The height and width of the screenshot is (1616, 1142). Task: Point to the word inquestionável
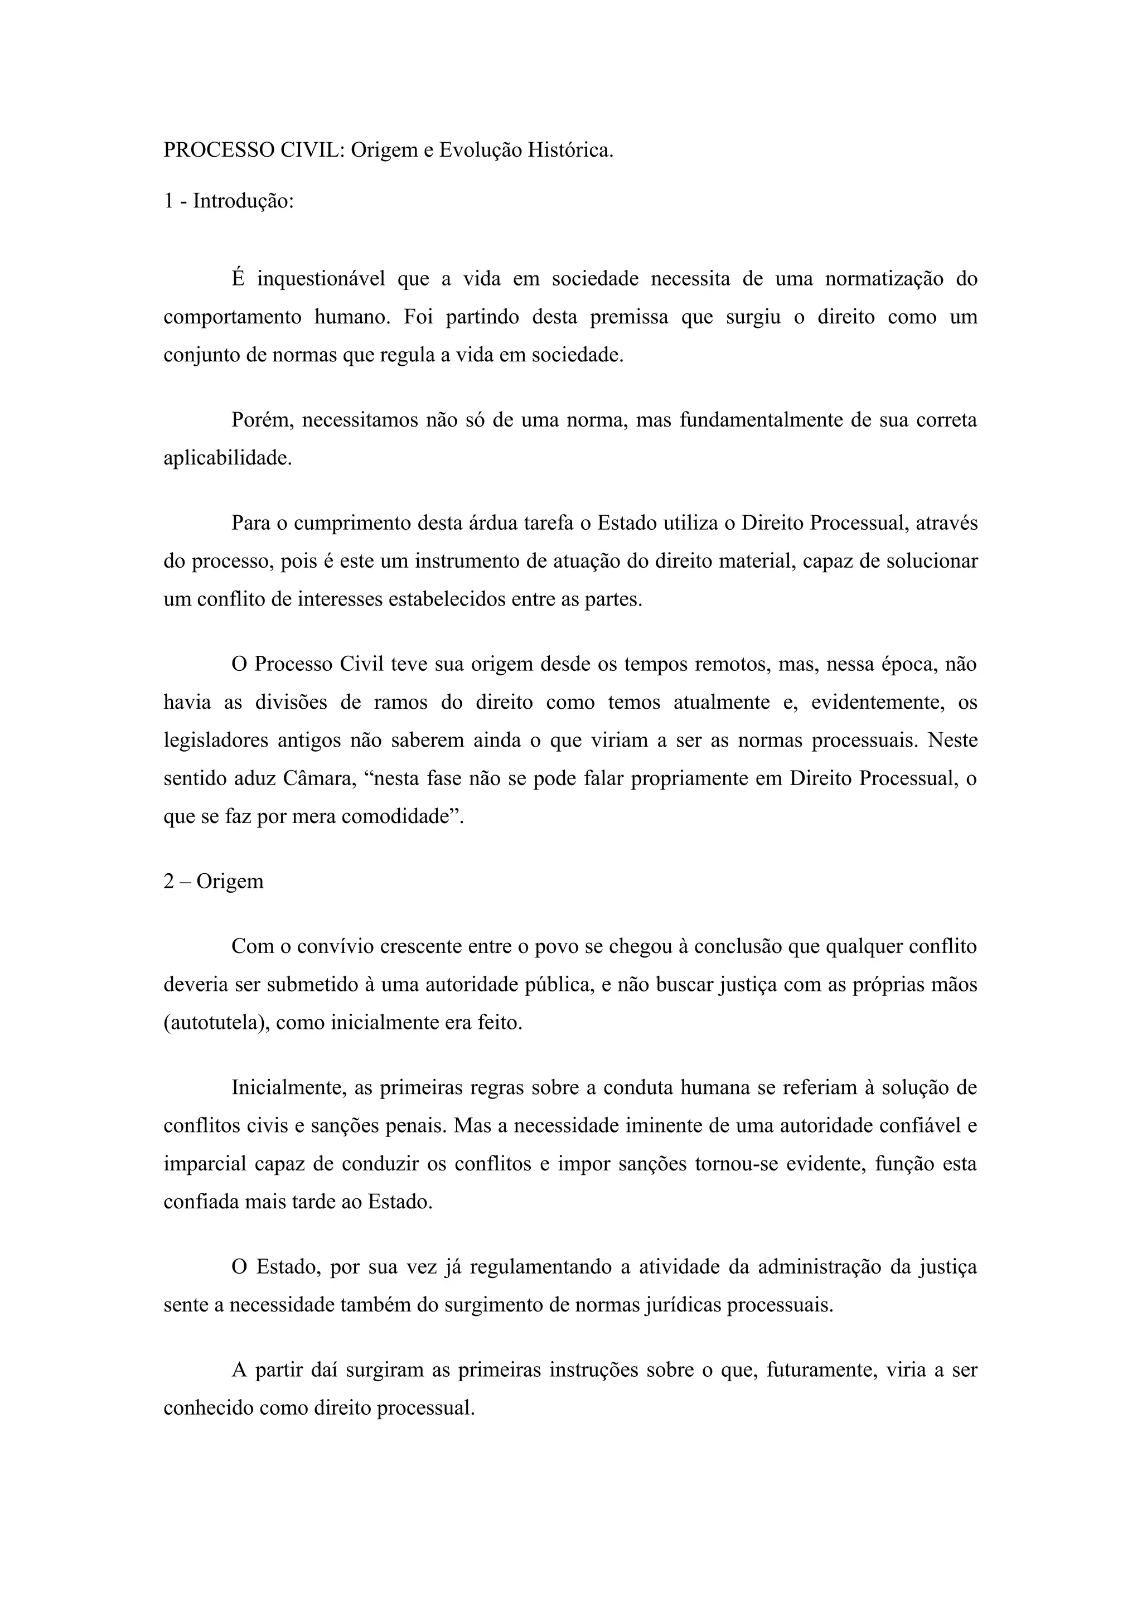tap(321, 279)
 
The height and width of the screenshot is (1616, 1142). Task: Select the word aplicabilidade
tap(228, 459)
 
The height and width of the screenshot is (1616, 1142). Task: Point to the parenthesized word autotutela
tap(215, 1023)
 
